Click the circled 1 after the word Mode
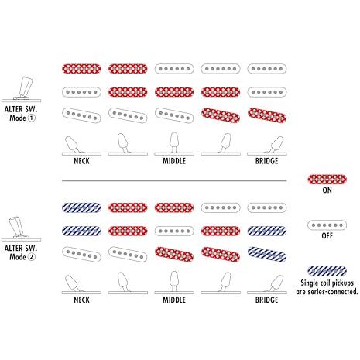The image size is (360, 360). pyautogui.click(x=31, y=118)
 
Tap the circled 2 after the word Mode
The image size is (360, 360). pyautogui.click(x=31, y=257)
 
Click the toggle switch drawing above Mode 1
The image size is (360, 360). pyautogui.click(x=22, y=89)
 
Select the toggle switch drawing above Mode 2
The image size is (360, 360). pyautogui.click(x=22, y=228)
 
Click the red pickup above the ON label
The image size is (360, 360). pyautogui.click(x=327, y=180)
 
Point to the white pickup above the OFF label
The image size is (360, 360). pyautogui.click(x=327, y=225)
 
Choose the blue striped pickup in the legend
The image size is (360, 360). pyautogui.click(x=327, y=271)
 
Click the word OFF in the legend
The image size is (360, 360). pyautogui.click(x=327, y=236)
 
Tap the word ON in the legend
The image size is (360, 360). pyautogui.click(x=327, y=190)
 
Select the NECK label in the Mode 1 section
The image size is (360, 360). pyautogui.click(x=81, y=161)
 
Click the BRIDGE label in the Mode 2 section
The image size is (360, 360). pyautogui.click(x=267, y=300)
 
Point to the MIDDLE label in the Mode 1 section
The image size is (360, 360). pyautogui.click(x=174, y=161)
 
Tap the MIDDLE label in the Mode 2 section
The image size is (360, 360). pyautogui.click(x=174, y=300)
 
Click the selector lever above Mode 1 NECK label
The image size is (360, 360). pyautogui.click(x=72, y=145)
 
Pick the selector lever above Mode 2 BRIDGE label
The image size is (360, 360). pyautogui.click(x=276, y=283)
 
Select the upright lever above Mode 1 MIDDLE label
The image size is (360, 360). pyautogui.click(x=174, y=142)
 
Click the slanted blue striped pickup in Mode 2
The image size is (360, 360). pyautogui.click(x=267, y=255)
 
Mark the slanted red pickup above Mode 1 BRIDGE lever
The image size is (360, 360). pyautogui.click(x=267, y=115)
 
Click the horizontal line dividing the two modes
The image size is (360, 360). pyautogui.click(x=174, y=181)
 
